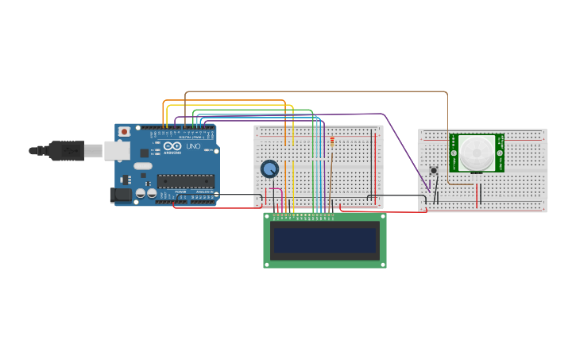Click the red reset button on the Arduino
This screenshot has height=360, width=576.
(124, 132)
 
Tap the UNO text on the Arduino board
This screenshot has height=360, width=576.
(193, 146)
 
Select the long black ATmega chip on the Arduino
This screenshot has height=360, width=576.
(185, 181)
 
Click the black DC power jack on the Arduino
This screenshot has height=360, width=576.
(120, 195)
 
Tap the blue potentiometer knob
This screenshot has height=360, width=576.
(270, 168)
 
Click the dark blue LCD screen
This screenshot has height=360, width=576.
(324, 240)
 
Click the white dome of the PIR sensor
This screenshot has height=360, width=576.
(477, 153)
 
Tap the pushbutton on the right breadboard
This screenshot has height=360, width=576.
(433, 170)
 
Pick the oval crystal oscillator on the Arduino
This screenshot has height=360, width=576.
(143, 166)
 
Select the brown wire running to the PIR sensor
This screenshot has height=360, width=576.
(318, 91)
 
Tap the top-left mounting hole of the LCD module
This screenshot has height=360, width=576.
(267, 215)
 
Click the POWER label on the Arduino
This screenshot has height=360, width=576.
(180, 192)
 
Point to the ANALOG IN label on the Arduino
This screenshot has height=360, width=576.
(203, 192)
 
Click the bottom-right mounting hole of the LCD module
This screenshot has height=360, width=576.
(383, 264)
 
